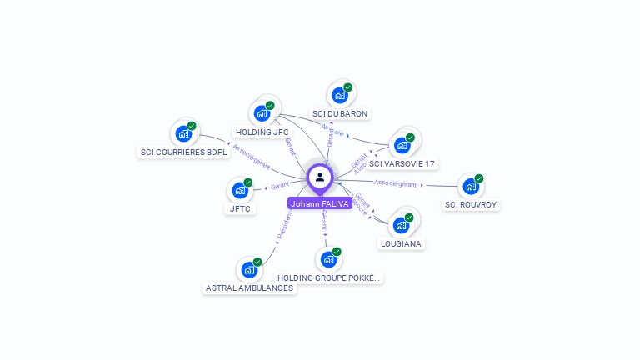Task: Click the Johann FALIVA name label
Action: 320,203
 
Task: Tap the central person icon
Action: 320,177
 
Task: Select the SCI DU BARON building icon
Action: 339,95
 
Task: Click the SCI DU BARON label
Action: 339,113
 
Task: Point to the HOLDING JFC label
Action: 262,132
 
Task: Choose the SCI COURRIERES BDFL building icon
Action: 182,133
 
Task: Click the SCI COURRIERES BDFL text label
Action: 183,152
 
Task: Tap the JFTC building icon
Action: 239,190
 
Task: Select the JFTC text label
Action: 240,208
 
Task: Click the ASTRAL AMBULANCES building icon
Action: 248,269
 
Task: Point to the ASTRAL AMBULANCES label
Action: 249,287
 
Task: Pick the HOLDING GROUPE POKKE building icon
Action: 328,259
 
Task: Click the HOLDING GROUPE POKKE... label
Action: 329,277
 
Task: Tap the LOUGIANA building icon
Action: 401,225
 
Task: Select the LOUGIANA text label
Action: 401,243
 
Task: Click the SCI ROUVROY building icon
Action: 471,186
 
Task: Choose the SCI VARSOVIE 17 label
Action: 402,163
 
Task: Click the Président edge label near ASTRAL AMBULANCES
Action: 283,226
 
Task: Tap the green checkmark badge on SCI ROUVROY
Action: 479,178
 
